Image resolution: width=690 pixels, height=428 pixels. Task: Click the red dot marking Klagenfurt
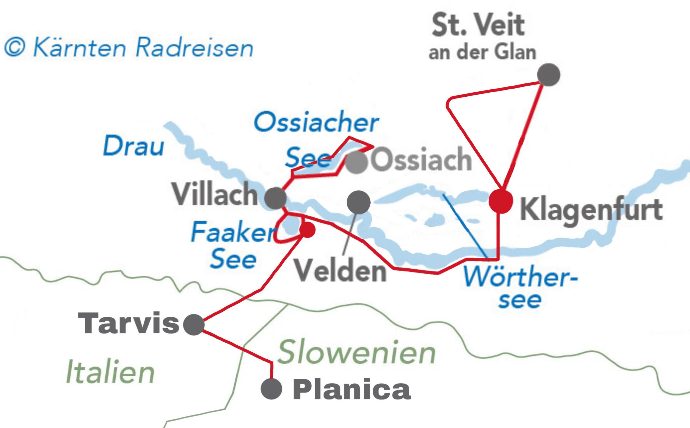(501, 201)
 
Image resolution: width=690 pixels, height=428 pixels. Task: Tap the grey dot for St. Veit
(548, 75)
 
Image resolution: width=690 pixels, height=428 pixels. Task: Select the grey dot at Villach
(275, 198)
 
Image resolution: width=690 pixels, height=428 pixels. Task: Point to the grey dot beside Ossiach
(357, 162)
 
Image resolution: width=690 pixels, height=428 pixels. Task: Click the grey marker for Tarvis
(194, 325)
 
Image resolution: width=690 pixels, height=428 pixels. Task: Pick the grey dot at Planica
(271, 389)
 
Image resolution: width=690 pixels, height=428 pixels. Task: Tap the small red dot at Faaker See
(308, 230)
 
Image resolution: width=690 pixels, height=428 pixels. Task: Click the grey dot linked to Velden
(358, 202)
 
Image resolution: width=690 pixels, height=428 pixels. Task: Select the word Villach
(215, 194)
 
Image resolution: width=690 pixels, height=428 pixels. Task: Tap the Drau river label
(133, 146)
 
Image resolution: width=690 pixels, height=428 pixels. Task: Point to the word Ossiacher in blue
(316, 122)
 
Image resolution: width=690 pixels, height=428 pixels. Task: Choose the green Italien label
(110, 371)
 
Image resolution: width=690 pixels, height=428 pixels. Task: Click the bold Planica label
(351, 390)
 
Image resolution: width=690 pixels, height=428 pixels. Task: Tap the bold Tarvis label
(129, 324)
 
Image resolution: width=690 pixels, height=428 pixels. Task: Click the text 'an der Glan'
(482, 52)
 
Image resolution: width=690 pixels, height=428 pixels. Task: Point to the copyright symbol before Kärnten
(15, 48)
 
